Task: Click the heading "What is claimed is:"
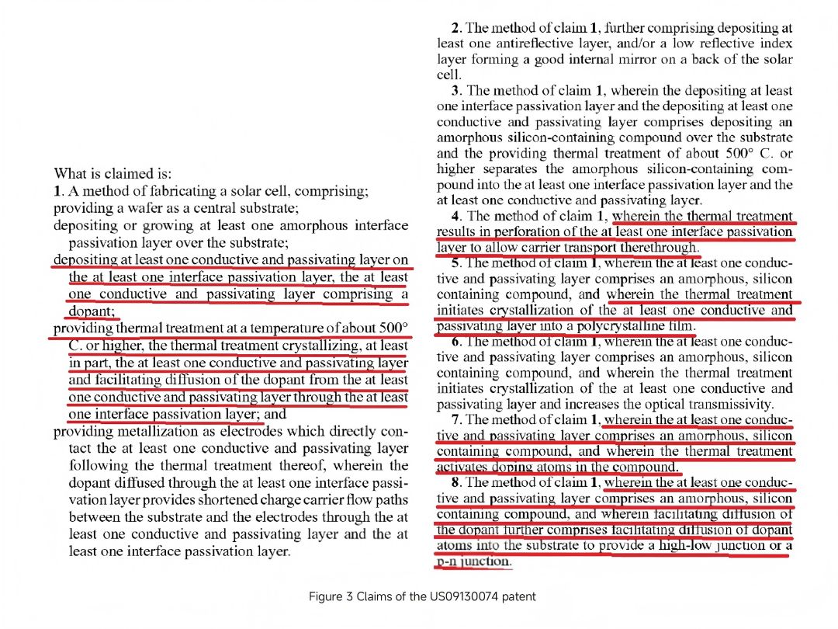[113, 174]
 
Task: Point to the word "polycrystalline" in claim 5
[618, 325]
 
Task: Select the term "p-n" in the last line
[448, 561]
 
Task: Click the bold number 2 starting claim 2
[455, 28]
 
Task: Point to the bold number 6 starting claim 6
[455, 342]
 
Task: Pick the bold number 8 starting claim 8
[455, 482]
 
